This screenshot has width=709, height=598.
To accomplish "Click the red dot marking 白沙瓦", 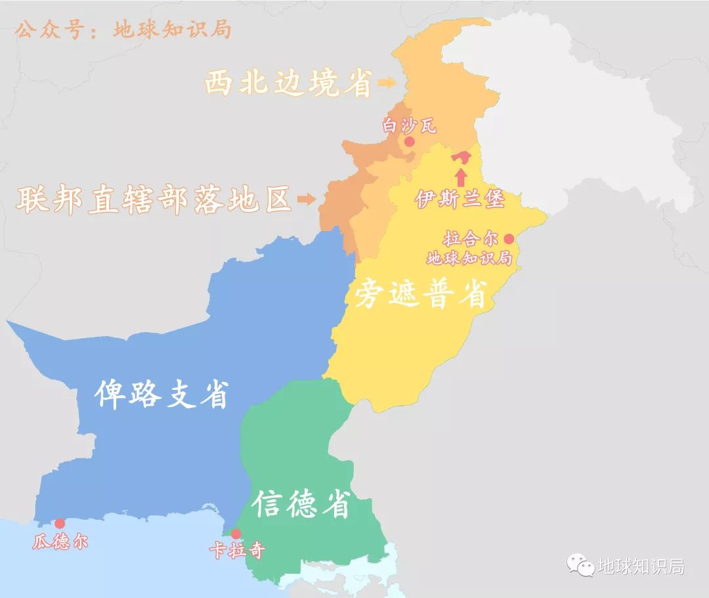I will pyautogui.click(x=410, y=141).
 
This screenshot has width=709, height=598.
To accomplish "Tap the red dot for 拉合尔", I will pyautogui.click(x=508, y=238).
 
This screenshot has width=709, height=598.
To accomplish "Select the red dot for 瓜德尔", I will pyautogui.click(x=60, y=523).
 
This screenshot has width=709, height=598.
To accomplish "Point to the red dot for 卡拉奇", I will pyautogui.click(x=236, y=534).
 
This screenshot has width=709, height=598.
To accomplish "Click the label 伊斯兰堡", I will pyautogui.click(x=460, y=199).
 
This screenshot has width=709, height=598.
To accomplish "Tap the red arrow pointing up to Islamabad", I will pyautogui.click(x=461, y=177).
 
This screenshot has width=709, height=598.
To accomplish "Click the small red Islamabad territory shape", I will pyautogui.click(x=462, y=157).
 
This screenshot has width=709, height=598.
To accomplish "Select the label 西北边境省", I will pyautogui.click(x=288, y=83).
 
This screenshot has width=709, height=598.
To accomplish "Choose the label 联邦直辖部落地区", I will pyautogui.click(x=154, y=199).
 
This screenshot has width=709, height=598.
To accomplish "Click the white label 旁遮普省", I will pyautogui.click(x=421, y=295).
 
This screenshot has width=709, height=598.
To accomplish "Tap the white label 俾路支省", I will pyautogui.click(x=161, y=395).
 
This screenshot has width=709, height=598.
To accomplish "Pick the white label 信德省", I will pyautogui.click(x=302, y=503).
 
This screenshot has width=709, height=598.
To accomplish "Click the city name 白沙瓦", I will pyautogui.click(x=409, y=125).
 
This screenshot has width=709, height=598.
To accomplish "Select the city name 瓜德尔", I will pyautogui.click(x=60, y=542).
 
